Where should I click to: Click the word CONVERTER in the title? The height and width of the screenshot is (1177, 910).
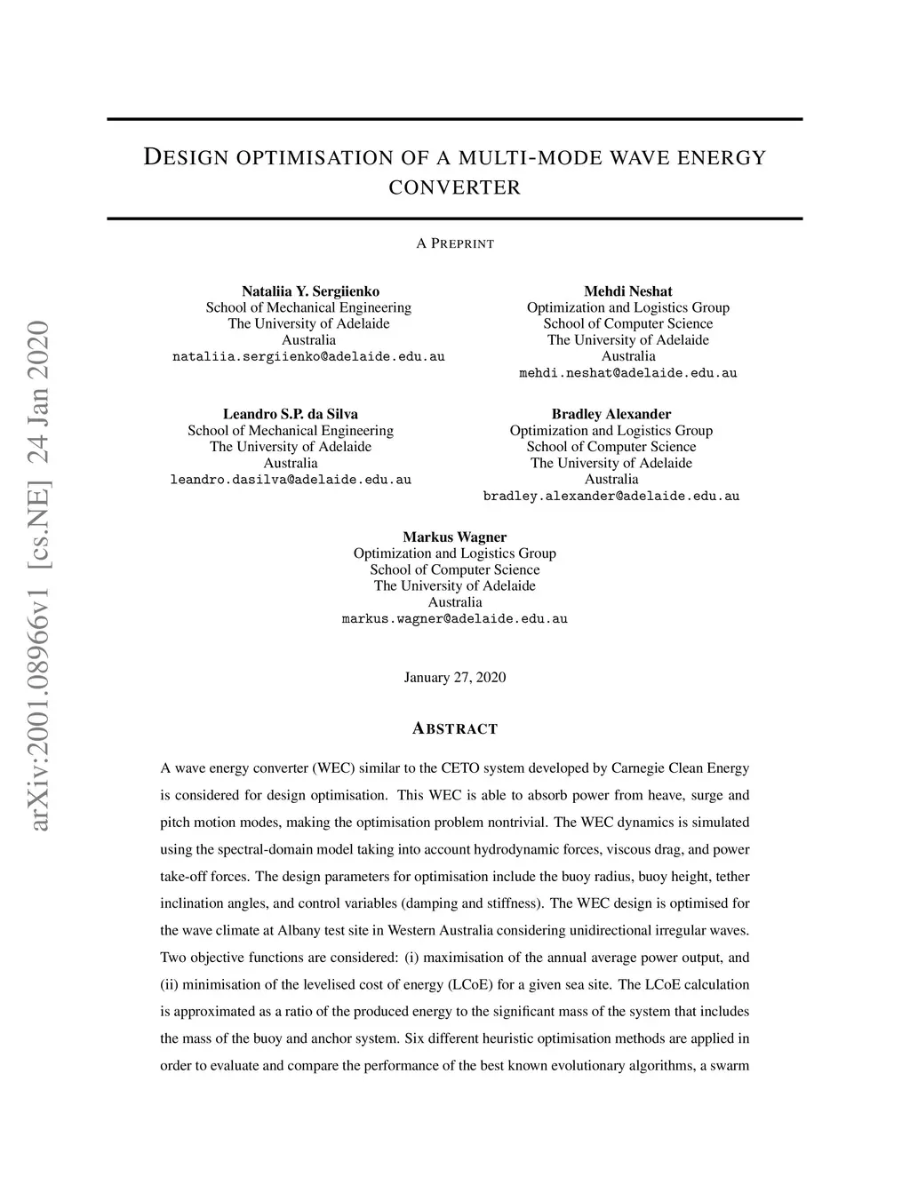[x=455, y=187]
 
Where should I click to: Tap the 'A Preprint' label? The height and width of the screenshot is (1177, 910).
[x=455, y=243]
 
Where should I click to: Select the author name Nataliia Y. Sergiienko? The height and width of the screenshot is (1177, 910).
[x=310, y=291]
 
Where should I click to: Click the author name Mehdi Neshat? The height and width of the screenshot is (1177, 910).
[x=627, y=291]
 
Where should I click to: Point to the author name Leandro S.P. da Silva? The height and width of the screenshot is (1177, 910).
[x=291, y=414]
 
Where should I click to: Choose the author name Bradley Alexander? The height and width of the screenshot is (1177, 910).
[x=611, y=414]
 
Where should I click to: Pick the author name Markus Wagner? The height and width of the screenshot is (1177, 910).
[x=455, y=537]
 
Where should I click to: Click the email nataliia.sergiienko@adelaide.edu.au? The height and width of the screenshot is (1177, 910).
[x=308, y=356]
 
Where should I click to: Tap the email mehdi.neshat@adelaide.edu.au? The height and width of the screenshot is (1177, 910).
[x=627, y=373]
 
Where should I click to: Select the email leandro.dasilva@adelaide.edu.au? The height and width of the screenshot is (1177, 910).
[x=291, y=480]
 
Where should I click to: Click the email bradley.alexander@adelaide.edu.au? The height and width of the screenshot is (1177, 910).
[x=611, y=496]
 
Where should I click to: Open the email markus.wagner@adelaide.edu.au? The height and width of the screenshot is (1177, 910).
[x=455, y=618]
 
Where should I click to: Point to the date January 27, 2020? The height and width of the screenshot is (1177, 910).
[x=455, y=678]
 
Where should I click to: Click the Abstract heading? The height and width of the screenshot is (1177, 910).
[x=455, y=729]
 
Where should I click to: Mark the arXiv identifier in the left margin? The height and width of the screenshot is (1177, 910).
[x=39, y=577]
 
